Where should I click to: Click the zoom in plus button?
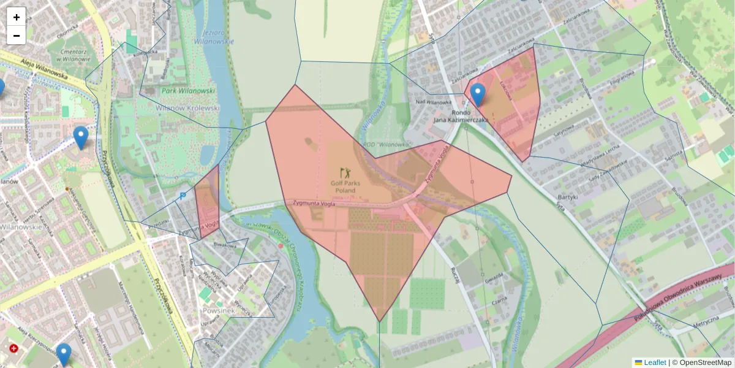point(17,17)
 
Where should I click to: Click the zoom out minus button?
point(17,36)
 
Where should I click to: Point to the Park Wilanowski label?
point(189,90)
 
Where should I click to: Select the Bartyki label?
point(568,197)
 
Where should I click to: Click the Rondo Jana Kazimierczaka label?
point(461,117)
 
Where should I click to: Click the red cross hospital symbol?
point(14,348)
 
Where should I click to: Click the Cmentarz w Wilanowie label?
point(75,56)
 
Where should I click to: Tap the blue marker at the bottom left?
point(64,354)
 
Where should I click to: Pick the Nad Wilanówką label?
point(434,102)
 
